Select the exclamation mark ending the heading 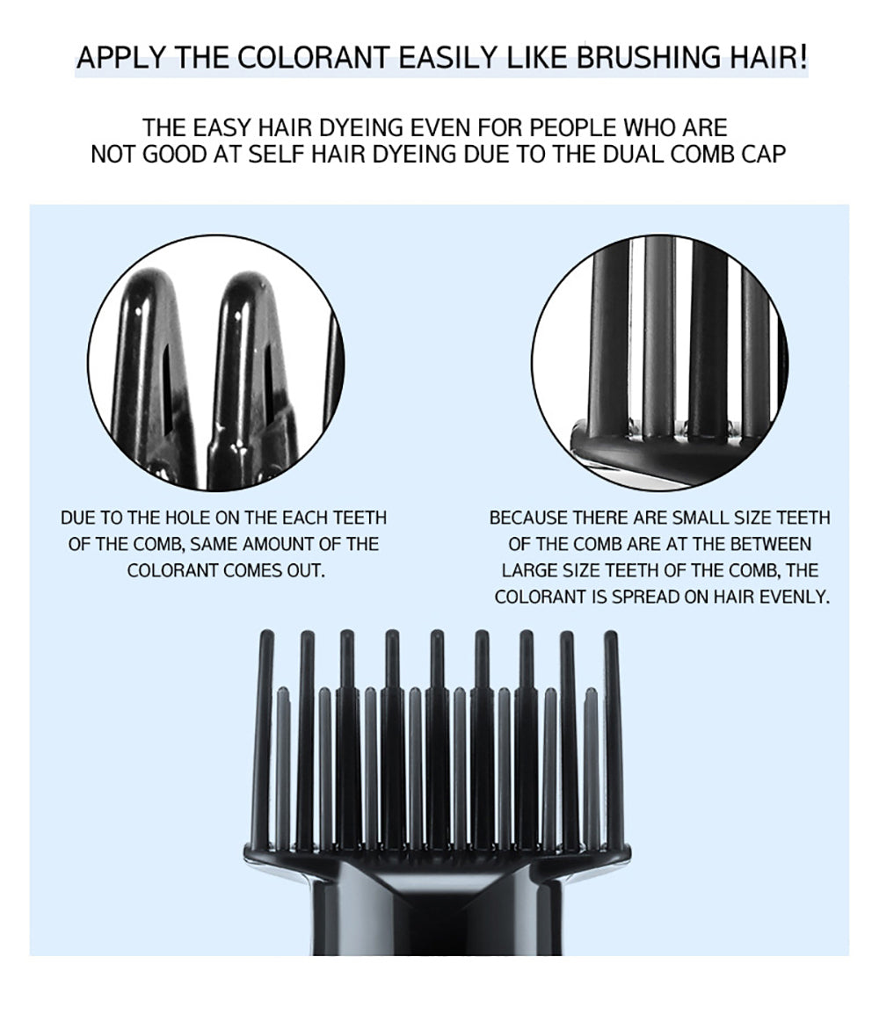pyautogui.click(x=803, y=57)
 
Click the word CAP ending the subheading pyautogui.click(x=763, y=155)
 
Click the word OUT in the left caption pyautogui.click(x=306, y=571)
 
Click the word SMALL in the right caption pyautogui.click(x=701, y=518)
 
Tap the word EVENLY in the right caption pyautogui.click(x=793, y=597)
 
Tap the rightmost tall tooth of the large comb pyautogui.click(x=610, y=739)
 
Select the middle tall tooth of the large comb pyautogui.click(x=438, y=739)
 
